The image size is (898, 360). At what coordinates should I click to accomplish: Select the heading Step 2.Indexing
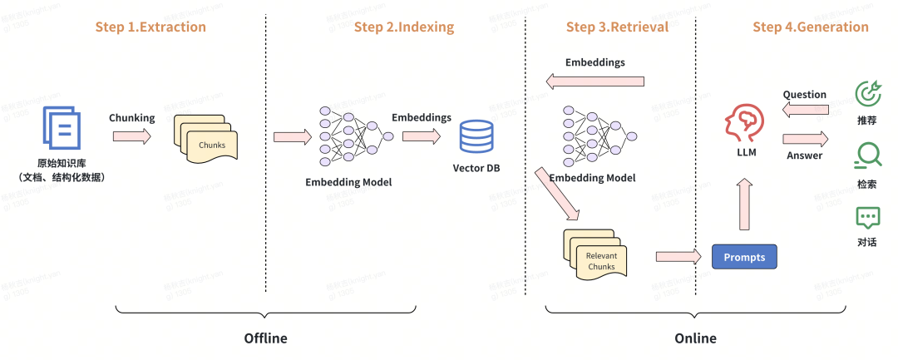tap(404, 27)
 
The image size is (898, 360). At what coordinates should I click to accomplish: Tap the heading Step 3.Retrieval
tap(617, 27)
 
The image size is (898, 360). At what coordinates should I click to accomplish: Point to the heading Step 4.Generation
tap(811, 27)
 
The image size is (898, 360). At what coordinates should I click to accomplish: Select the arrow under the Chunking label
tap(132, 136)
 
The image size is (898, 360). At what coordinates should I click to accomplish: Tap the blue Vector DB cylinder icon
tap(476, 136)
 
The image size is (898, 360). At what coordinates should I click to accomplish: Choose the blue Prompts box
tap(744, 257)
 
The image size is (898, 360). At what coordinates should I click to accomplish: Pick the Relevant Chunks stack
tap(599, 253)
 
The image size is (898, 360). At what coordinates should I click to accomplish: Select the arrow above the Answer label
tap(805, 138)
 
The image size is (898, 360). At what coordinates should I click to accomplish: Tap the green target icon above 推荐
tap(868, 94)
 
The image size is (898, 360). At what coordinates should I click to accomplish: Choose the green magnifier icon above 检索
tap(868, 155)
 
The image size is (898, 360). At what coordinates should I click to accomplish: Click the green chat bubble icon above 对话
tap(868, 218)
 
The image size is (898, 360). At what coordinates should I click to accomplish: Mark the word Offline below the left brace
tap(265, 338)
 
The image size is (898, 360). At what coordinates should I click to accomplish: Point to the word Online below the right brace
tap(695, 338)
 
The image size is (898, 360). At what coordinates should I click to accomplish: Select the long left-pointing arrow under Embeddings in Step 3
tap(595, 81)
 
